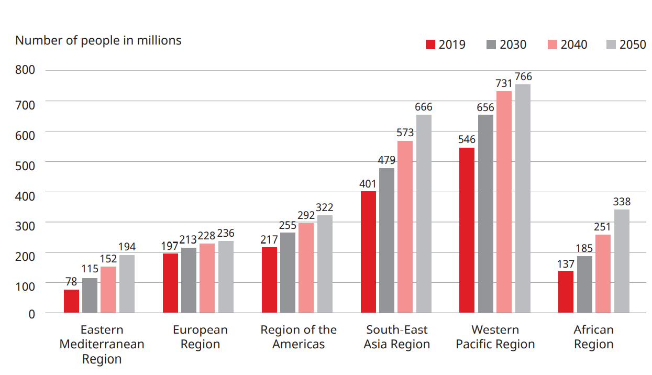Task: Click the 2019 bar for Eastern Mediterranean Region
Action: coord(71,301)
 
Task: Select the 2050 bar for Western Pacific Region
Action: coord(523,198)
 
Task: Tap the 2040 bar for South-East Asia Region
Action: coord(405,227)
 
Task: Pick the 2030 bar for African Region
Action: coord(584,284)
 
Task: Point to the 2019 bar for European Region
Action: coord(170,283)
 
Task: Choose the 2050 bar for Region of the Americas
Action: coord(325,264)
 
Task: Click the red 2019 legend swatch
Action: coord(430,45)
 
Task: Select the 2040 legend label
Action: coord(574,45)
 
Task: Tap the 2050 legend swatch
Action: coord(611,45)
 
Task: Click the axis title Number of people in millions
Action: coord(98,40)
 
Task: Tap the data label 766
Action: coord(523,77)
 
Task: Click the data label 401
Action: coord(368,184)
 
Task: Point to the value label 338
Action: coord(622,202)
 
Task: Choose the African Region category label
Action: coord(593,337)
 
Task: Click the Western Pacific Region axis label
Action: coord(495,337)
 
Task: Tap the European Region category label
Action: coord(200,337)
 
